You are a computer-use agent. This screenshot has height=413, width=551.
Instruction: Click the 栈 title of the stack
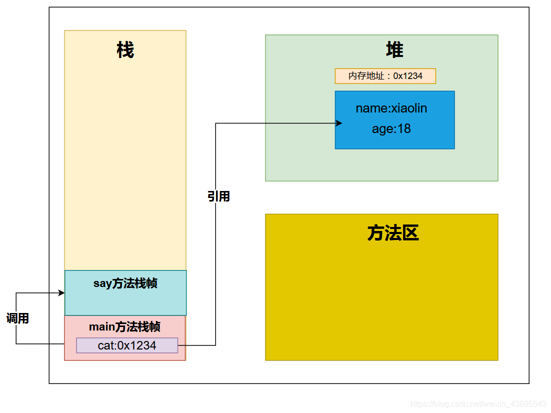(x=125, y=50)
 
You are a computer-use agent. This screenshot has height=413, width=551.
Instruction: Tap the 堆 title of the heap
(x=394, y=50)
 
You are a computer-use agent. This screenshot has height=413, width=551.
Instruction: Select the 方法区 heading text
(x=393, y=233)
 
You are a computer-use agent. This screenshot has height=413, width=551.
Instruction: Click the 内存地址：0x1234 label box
(x=385, y=76)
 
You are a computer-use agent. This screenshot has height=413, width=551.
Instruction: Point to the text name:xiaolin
(x=391, y=108)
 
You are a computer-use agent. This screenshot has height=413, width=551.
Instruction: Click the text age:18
(x=391, y=129)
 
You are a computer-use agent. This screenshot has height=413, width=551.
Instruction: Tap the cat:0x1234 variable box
(x=127, y=345)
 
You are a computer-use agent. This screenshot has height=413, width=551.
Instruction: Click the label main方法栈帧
(x=124, y=327)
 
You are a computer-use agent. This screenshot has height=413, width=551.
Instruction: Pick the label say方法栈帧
(x=125, y=283)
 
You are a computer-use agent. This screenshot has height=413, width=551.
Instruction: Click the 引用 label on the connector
(x=218, y=196)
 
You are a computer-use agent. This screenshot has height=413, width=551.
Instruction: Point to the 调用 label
(x=17, y=318)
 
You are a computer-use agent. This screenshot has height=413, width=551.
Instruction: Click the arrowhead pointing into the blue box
(x=339, y=123)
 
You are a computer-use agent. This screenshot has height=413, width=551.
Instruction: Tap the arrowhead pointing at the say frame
(x=61, y=293)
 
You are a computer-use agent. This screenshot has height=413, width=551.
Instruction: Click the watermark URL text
(x=478, y=403)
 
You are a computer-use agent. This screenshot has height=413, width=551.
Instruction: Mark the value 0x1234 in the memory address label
(x=408, y=76)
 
